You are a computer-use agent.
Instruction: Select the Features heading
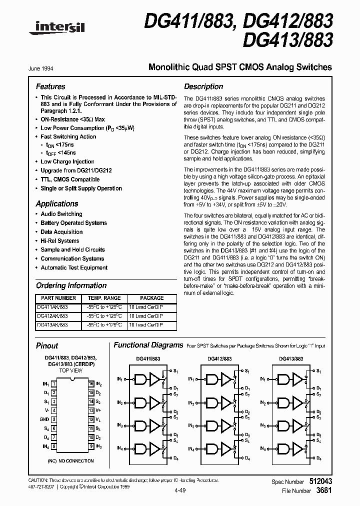50,86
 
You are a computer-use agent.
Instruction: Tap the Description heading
203,86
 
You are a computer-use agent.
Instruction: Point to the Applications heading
57,203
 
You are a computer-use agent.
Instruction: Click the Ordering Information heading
71,285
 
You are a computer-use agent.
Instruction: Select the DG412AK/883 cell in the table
53,316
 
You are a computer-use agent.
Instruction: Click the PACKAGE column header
152,298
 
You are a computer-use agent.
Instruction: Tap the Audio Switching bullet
61,214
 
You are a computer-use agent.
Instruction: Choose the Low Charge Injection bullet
67,161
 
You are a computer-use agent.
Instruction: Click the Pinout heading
47,345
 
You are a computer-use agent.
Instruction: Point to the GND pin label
44,419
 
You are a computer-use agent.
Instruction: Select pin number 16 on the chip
91,384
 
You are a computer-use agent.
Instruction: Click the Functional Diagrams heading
148,345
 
